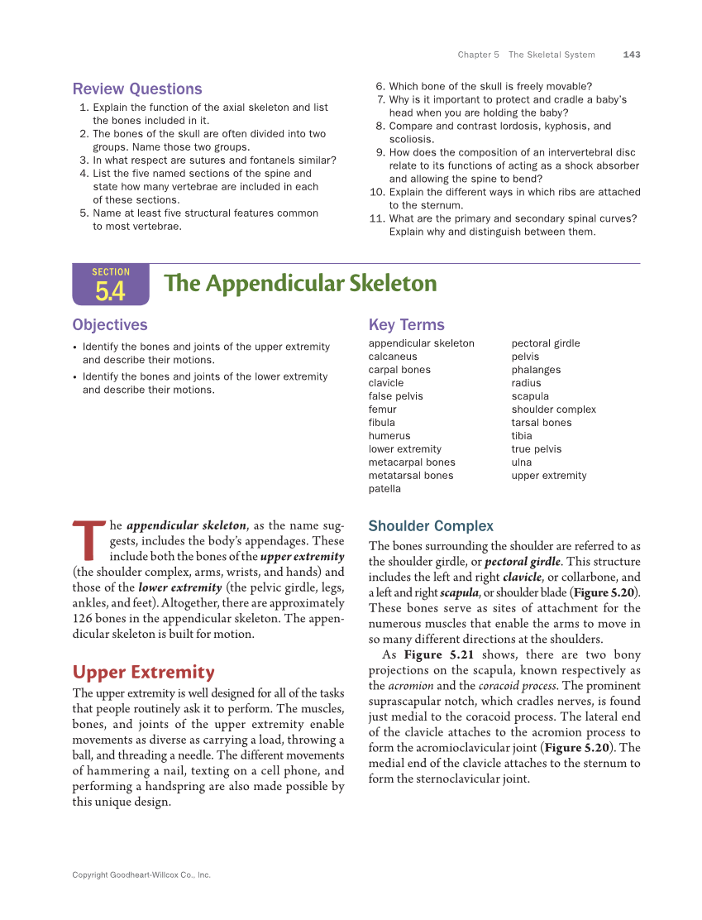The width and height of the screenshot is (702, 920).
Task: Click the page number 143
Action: tap(631, 55)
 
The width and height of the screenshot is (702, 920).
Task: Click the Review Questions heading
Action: tap(137, 89)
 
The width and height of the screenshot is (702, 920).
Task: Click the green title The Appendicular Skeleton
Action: tap(300, 284)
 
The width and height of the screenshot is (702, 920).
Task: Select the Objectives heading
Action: tap(110, 325)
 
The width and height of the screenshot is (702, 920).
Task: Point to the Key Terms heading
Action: tap(406, 325)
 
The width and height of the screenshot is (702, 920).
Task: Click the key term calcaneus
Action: tap(393, 357)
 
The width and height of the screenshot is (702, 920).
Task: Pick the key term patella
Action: tap(384, 489)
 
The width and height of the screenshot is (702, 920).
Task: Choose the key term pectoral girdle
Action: tap(546, 343)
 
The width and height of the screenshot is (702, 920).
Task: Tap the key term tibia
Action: tap(522, 436)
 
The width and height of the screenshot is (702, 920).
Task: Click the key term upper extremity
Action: tap(549, 476)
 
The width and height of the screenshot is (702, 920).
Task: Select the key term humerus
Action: tap(389, 436)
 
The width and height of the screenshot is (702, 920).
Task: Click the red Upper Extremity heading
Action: tap(143, 672)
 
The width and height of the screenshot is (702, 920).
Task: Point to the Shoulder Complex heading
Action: tap(431, 526)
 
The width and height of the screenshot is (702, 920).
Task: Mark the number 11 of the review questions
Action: tap(377, 218)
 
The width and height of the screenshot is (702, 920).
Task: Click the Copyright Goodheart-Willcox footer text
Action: tap(141, 874)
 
